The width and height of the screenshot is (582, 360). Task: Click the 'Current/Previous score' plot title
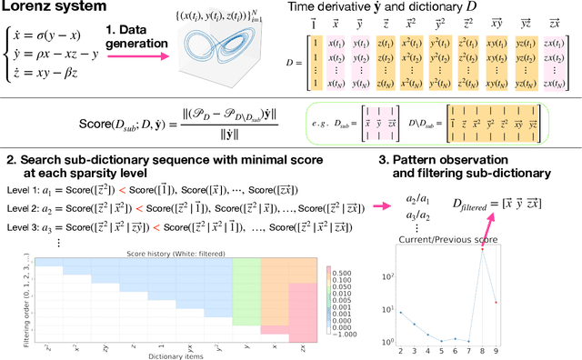452,238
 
